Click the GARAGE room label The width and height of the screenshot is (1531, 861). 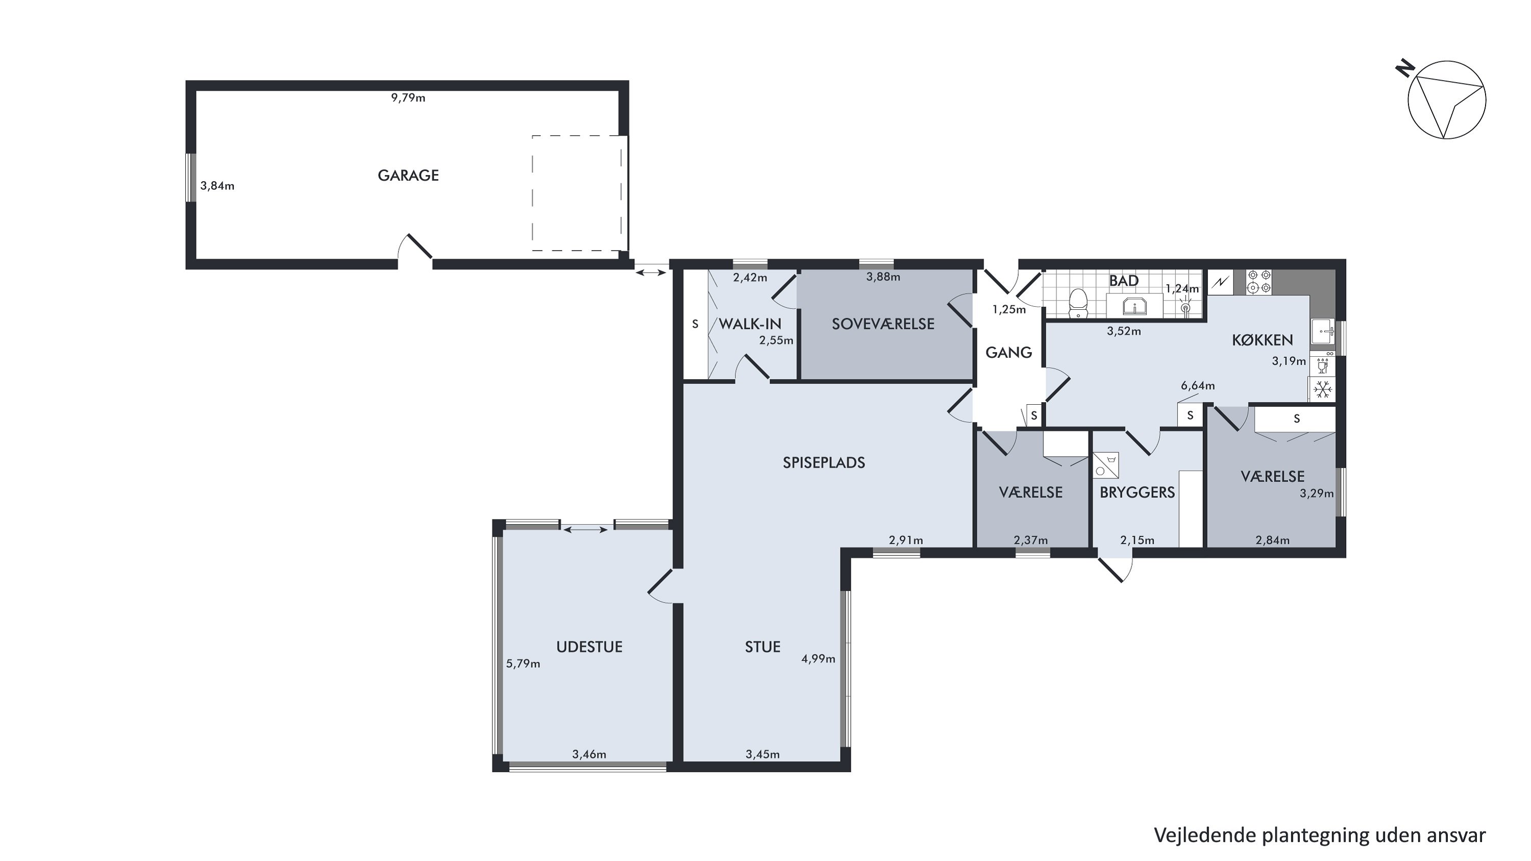[x=408, y=175]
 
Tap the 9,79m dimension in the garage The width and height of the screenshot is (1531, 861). [x=408, y=98]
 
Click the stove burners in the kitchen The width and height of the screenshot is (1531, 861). [x=1260, y=282]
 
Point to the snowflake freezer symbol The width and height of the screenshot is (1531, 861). [x=1322, y=390]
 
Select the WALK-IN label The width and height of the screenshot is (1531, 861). [x=750, y=324]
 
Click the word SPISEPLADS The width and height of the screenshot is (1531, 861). [x=824, y=462]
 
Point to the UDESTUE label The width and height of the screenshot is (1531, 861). [x=589, y=647]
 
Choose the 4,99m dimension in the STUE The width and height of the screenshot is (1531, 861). [x=819, y=658]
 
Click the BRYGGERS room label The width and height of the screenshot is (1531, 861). [x=1137, y=492]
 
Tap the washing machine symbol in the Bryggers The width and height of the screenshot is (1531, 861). [x=1105, y=465]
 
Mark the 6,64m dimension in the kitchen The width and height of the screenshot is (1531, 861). [x=1198, y=386]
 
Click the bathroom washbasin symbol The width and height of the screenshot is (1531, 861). [x=1134, y=307]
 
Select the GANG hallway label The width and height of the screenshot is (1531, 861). [x=1008, y=352]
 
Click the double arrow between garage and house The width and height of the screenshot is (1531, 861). [x=651, y=272]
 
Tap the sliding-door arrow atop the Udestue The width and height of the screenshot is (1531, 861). [x=585, y=529]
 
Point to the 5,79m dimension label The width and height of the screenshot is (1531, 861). [x=523, y=663]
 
